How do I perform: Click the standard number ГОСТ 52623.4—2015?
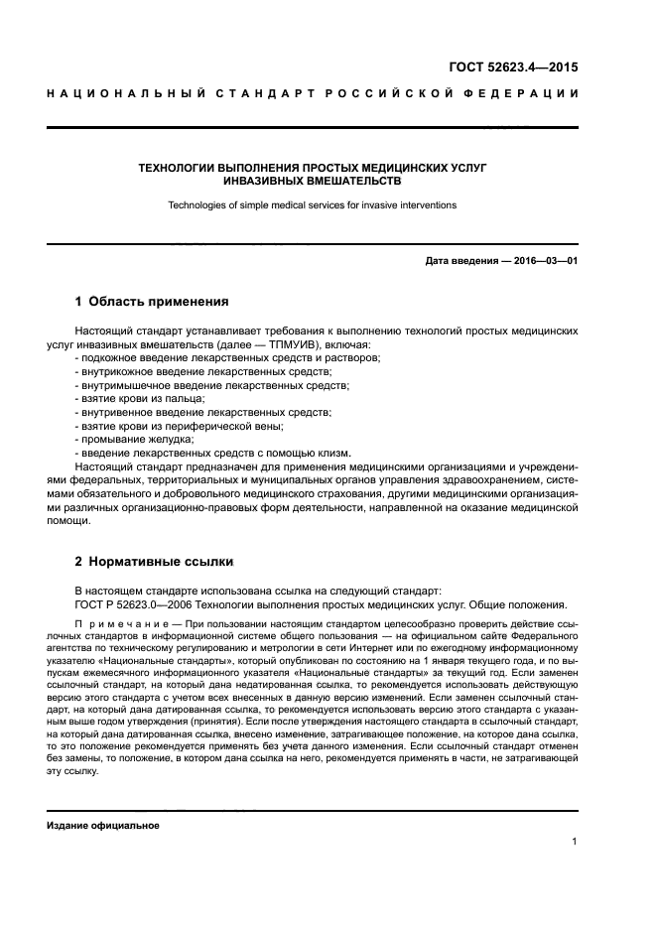click(x=511, y=68)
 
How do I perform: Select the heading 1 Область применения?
click(x=153, y=301)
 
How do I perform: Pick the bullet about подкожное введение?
click(x=228, y=356)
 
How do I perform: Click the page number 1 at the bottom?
click(x=575, y=843)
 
